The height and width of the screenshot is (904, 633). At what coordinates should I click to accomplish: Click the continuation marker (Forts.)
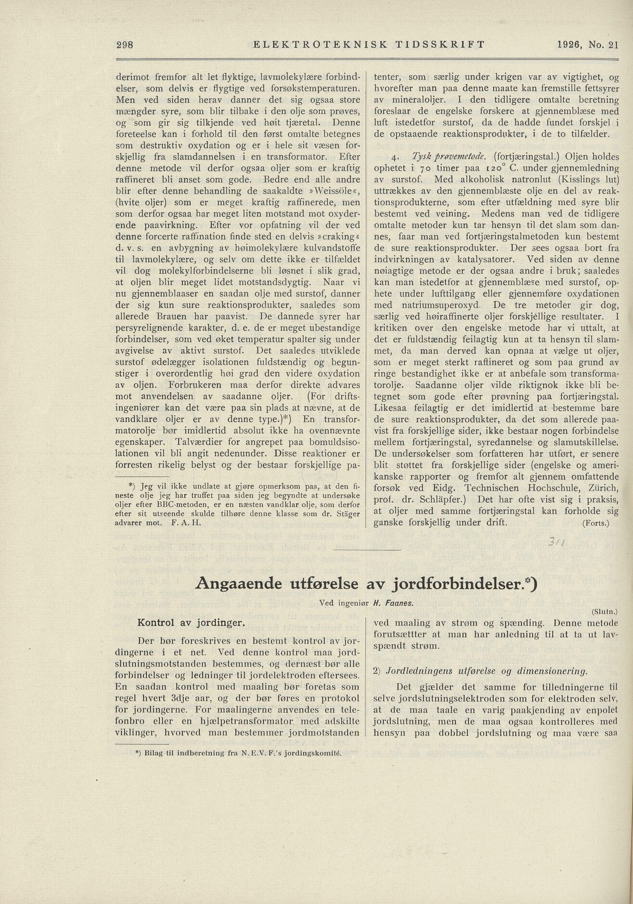coord(595,523)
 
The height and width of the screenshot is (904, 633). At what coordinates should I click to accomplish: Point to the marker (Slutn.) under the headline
coord(604,612)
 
